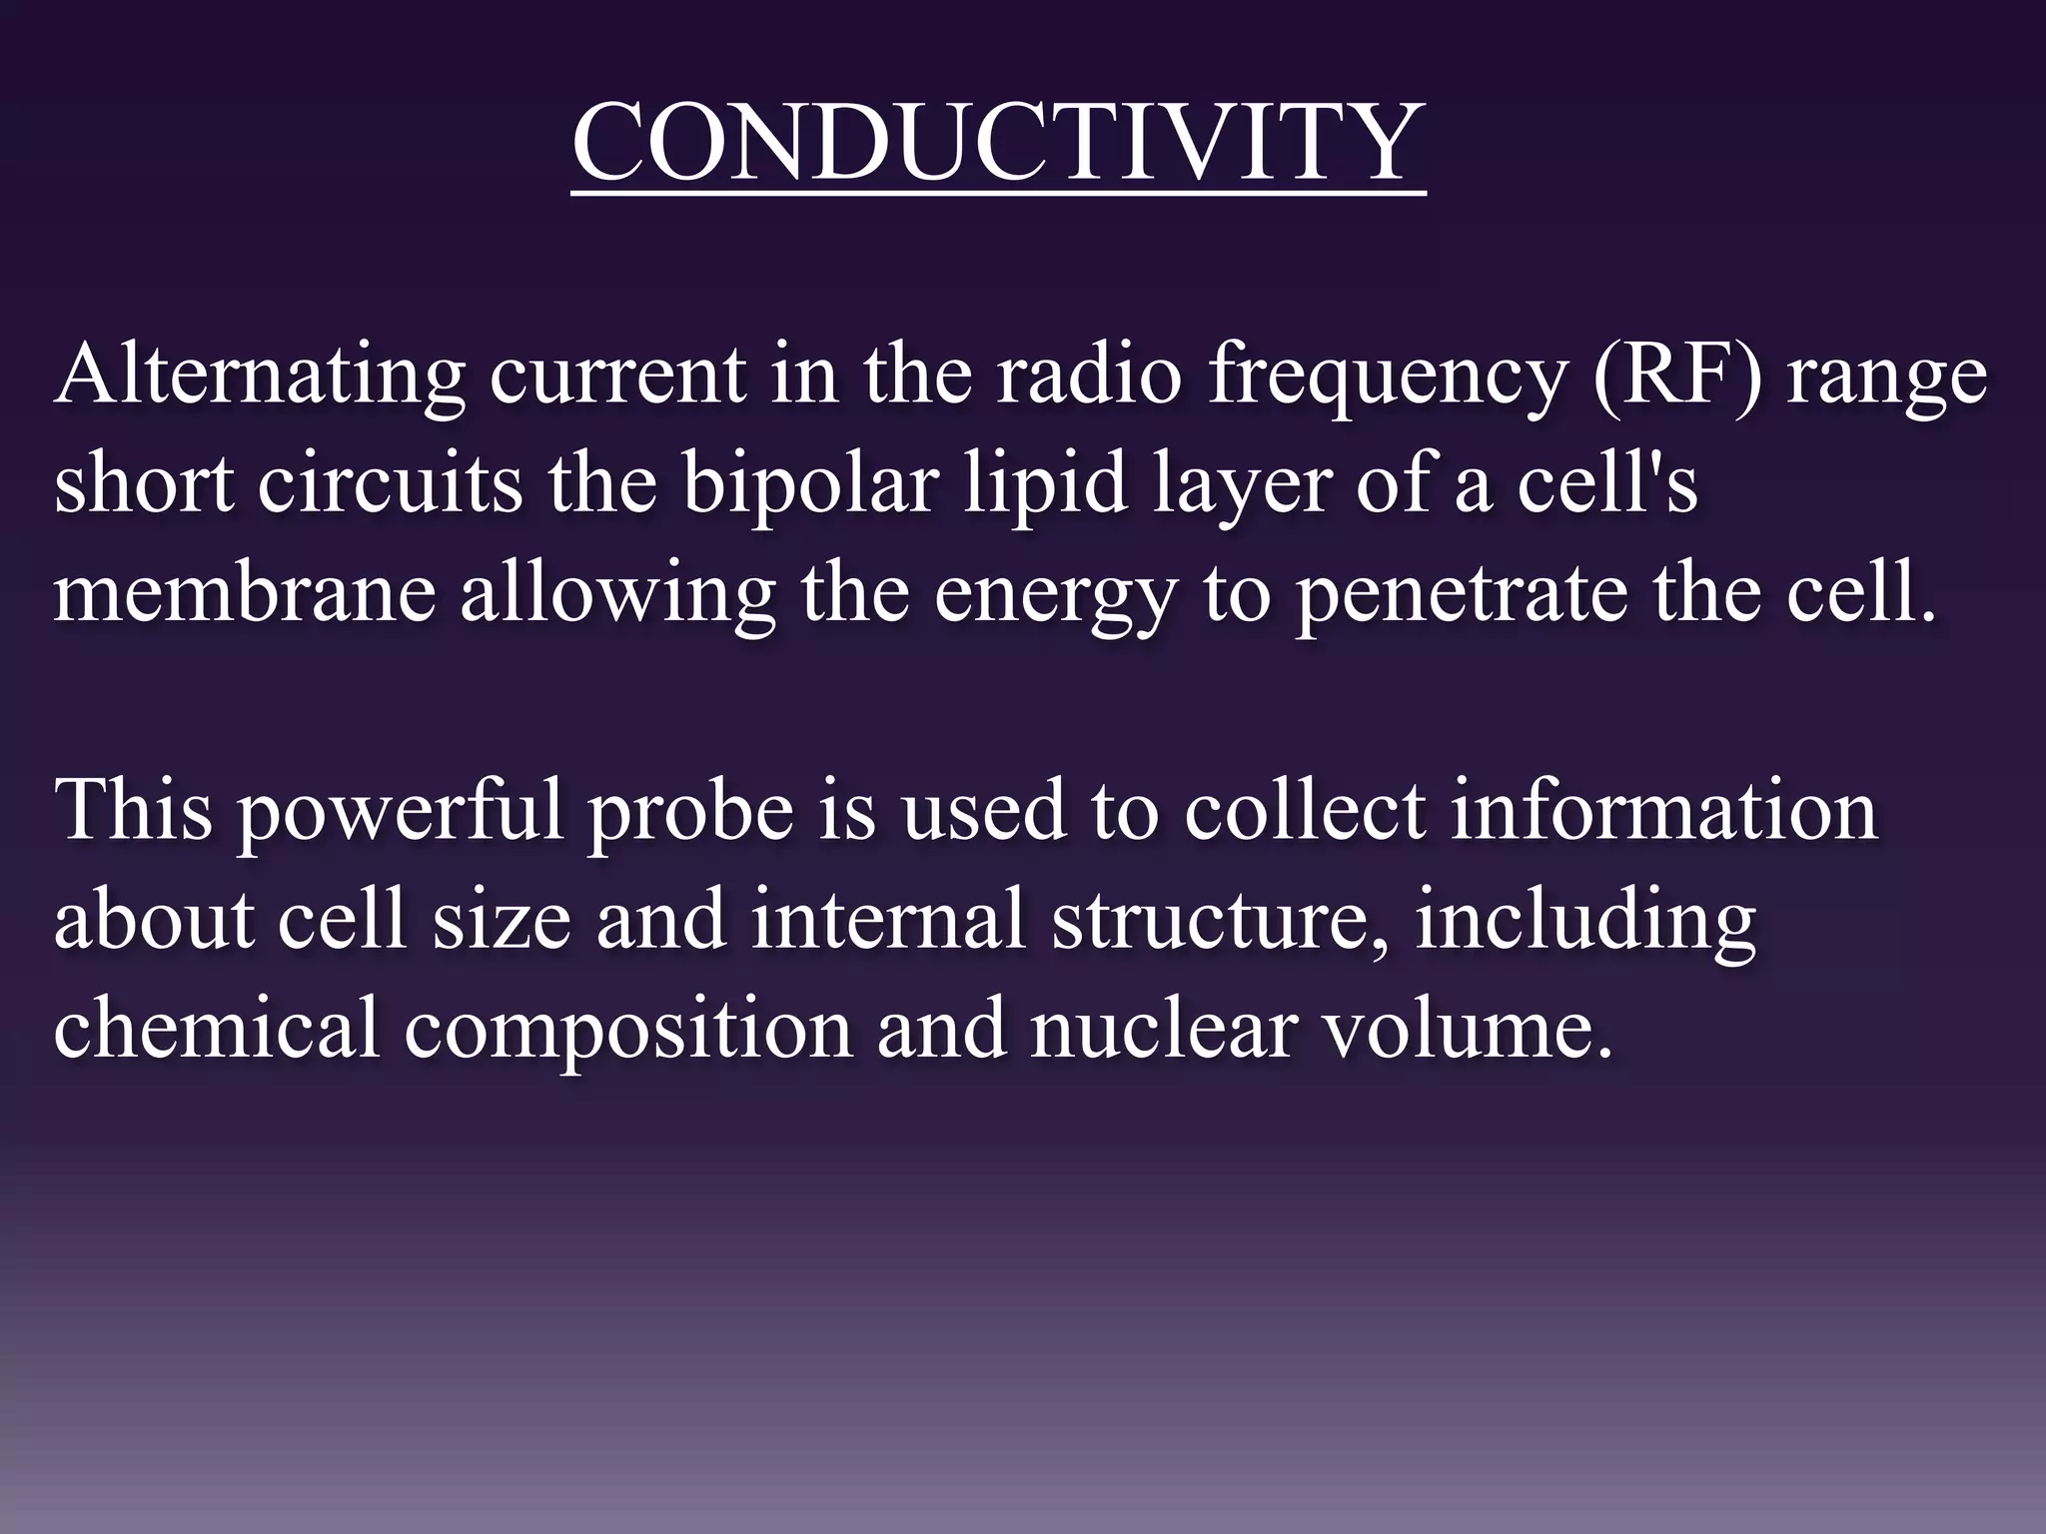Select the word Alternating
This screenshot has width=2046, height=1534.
click(x=260, y=378)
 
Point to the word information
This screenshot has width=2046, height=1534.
click(x=1663, y=810)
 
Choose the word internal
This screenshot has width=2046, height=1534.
click(x=889, y=919)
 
